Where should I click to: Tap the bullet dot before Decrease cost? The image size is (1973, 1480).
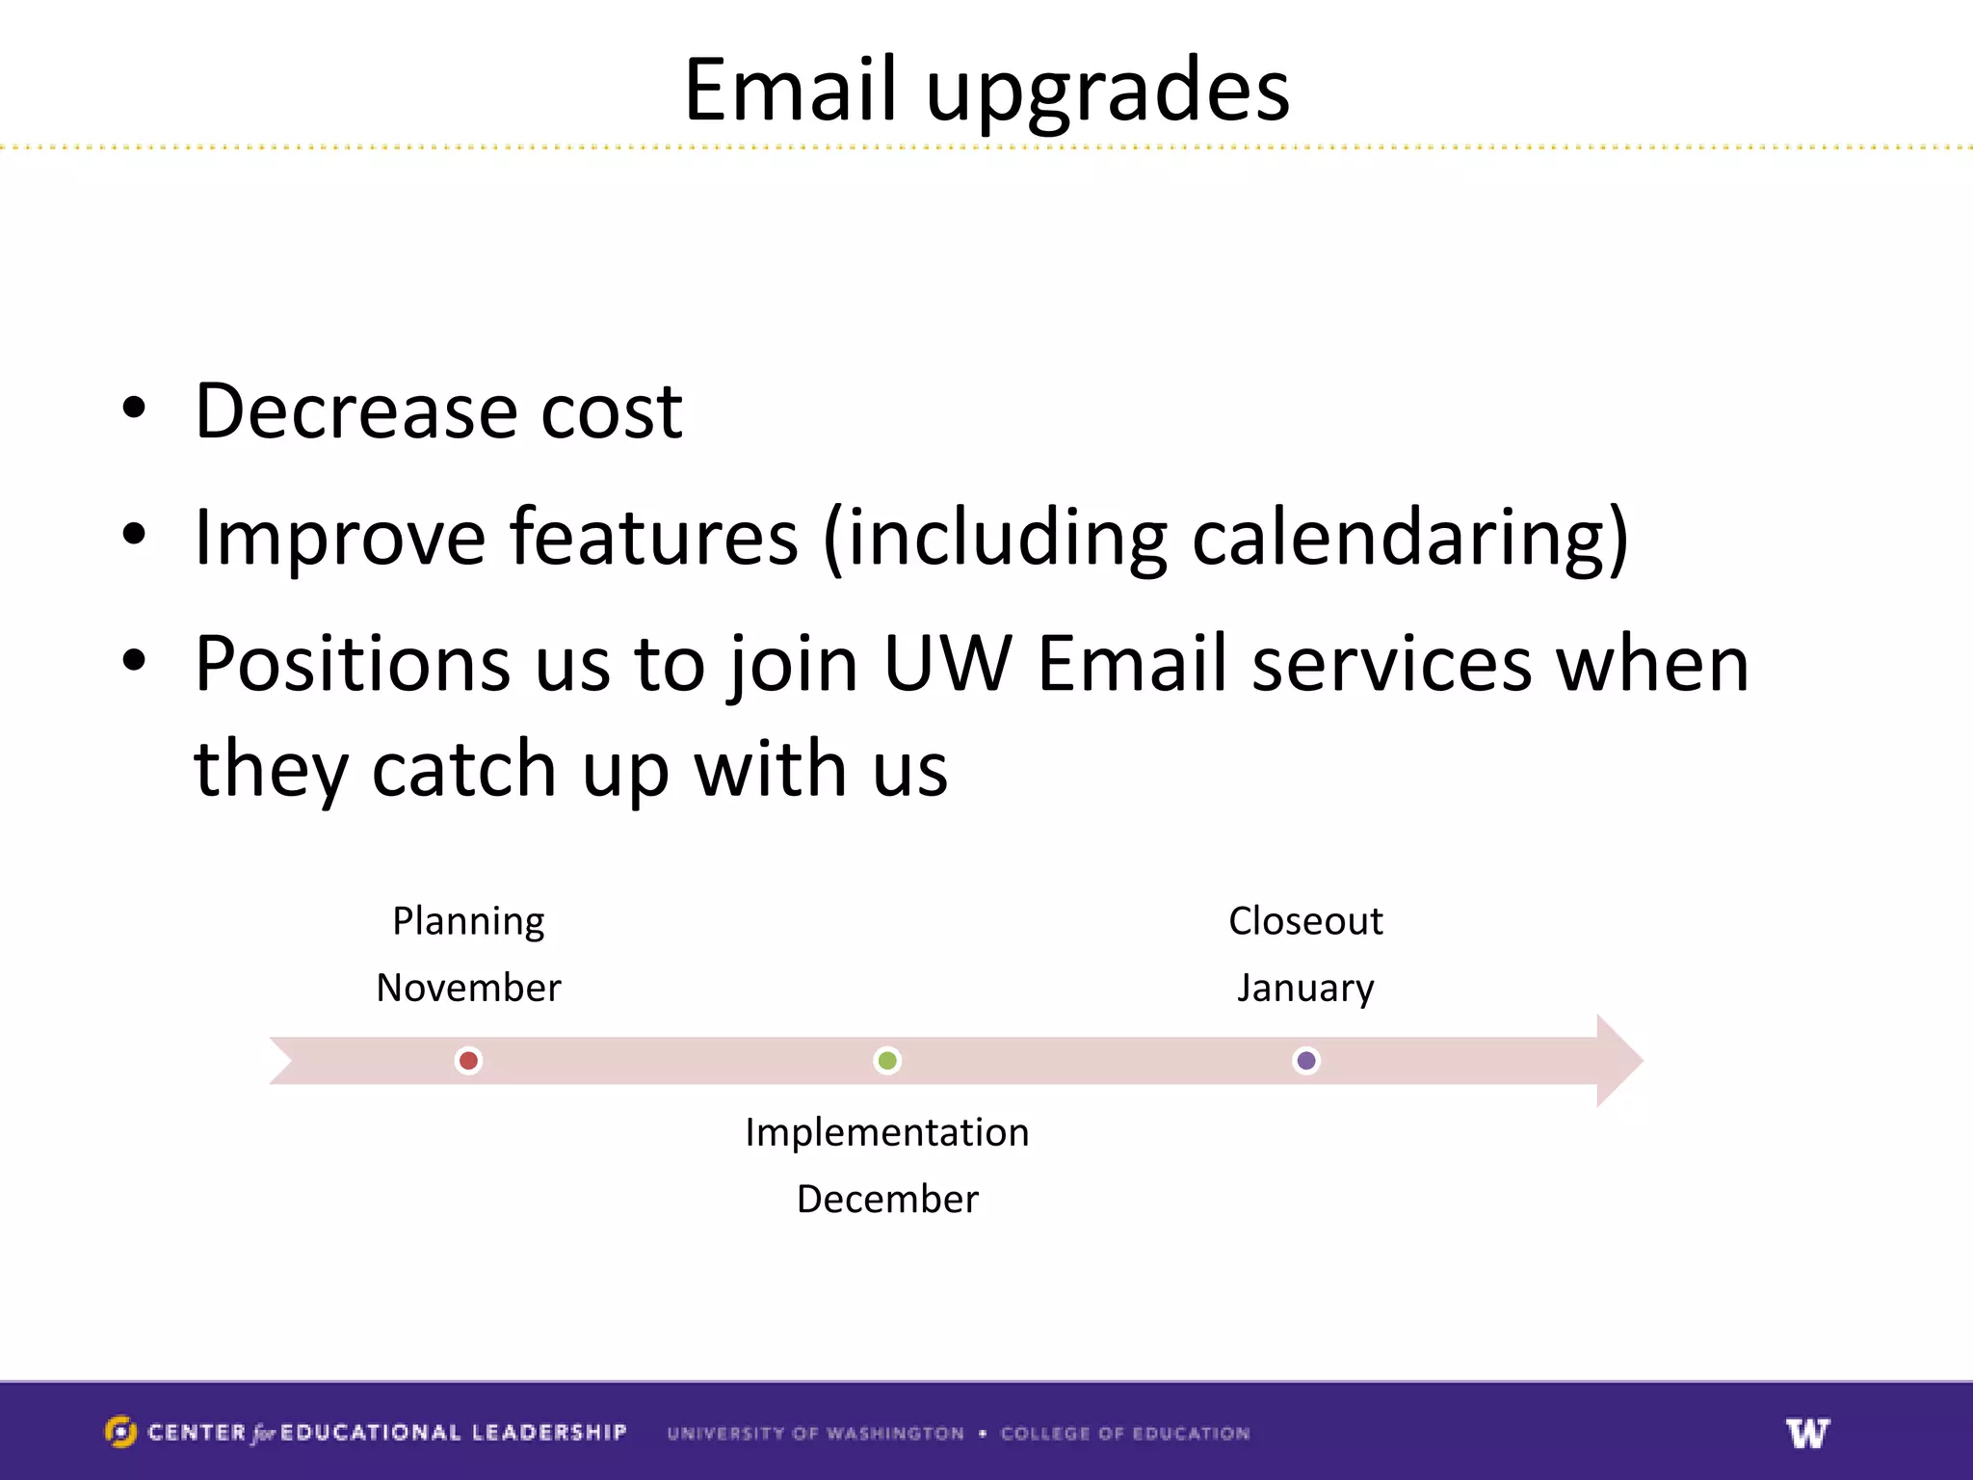(135, 409)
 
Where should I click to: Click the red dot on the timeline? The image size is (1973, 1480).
(468, 1061)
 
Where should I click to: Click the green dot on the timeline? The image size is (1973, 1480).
(887, 1061)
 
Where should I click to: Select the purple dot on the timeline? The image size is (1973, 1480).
(1306, 1061)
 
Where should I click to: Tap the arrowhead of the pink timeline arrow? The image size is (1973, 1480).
(1618, 1061)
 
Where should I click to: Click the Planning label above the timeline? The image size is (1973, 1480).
(468, 921)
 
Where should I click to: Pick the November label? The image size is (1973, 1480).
(468, 988)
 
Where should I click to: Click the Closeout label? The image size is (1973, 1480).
(1305, 921)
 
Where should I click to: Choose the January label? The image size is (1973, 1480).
(1305, 989)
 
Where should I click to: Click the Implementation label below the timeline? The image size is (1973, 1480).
(887, 1132)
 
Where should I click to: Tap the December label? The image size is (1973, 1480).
(887, 1199)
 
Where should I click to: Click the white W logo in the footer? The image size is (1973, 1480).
(1807, 1433)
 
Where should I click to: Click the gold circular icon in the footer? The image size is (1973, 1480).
(120, 1432)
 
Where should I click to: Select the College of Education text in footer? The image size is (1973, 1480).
(1124, 1433)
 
